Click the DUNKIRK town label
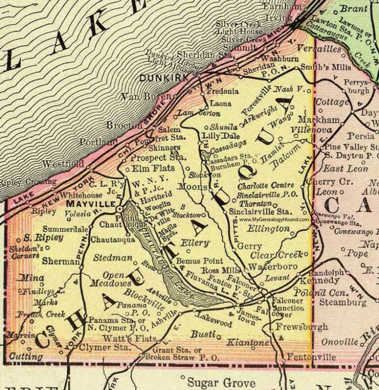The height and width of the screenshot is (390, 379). tap(163, 78)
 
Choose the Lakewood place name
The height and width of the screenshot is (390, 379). tap(213, 323)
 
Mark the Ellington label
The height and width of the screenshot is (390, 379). tap(268, 229)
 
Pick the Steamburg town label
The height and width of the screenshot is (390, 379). tap(343, 301)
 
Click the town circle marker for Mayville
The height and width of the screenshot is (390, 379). tap(119, 209)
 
